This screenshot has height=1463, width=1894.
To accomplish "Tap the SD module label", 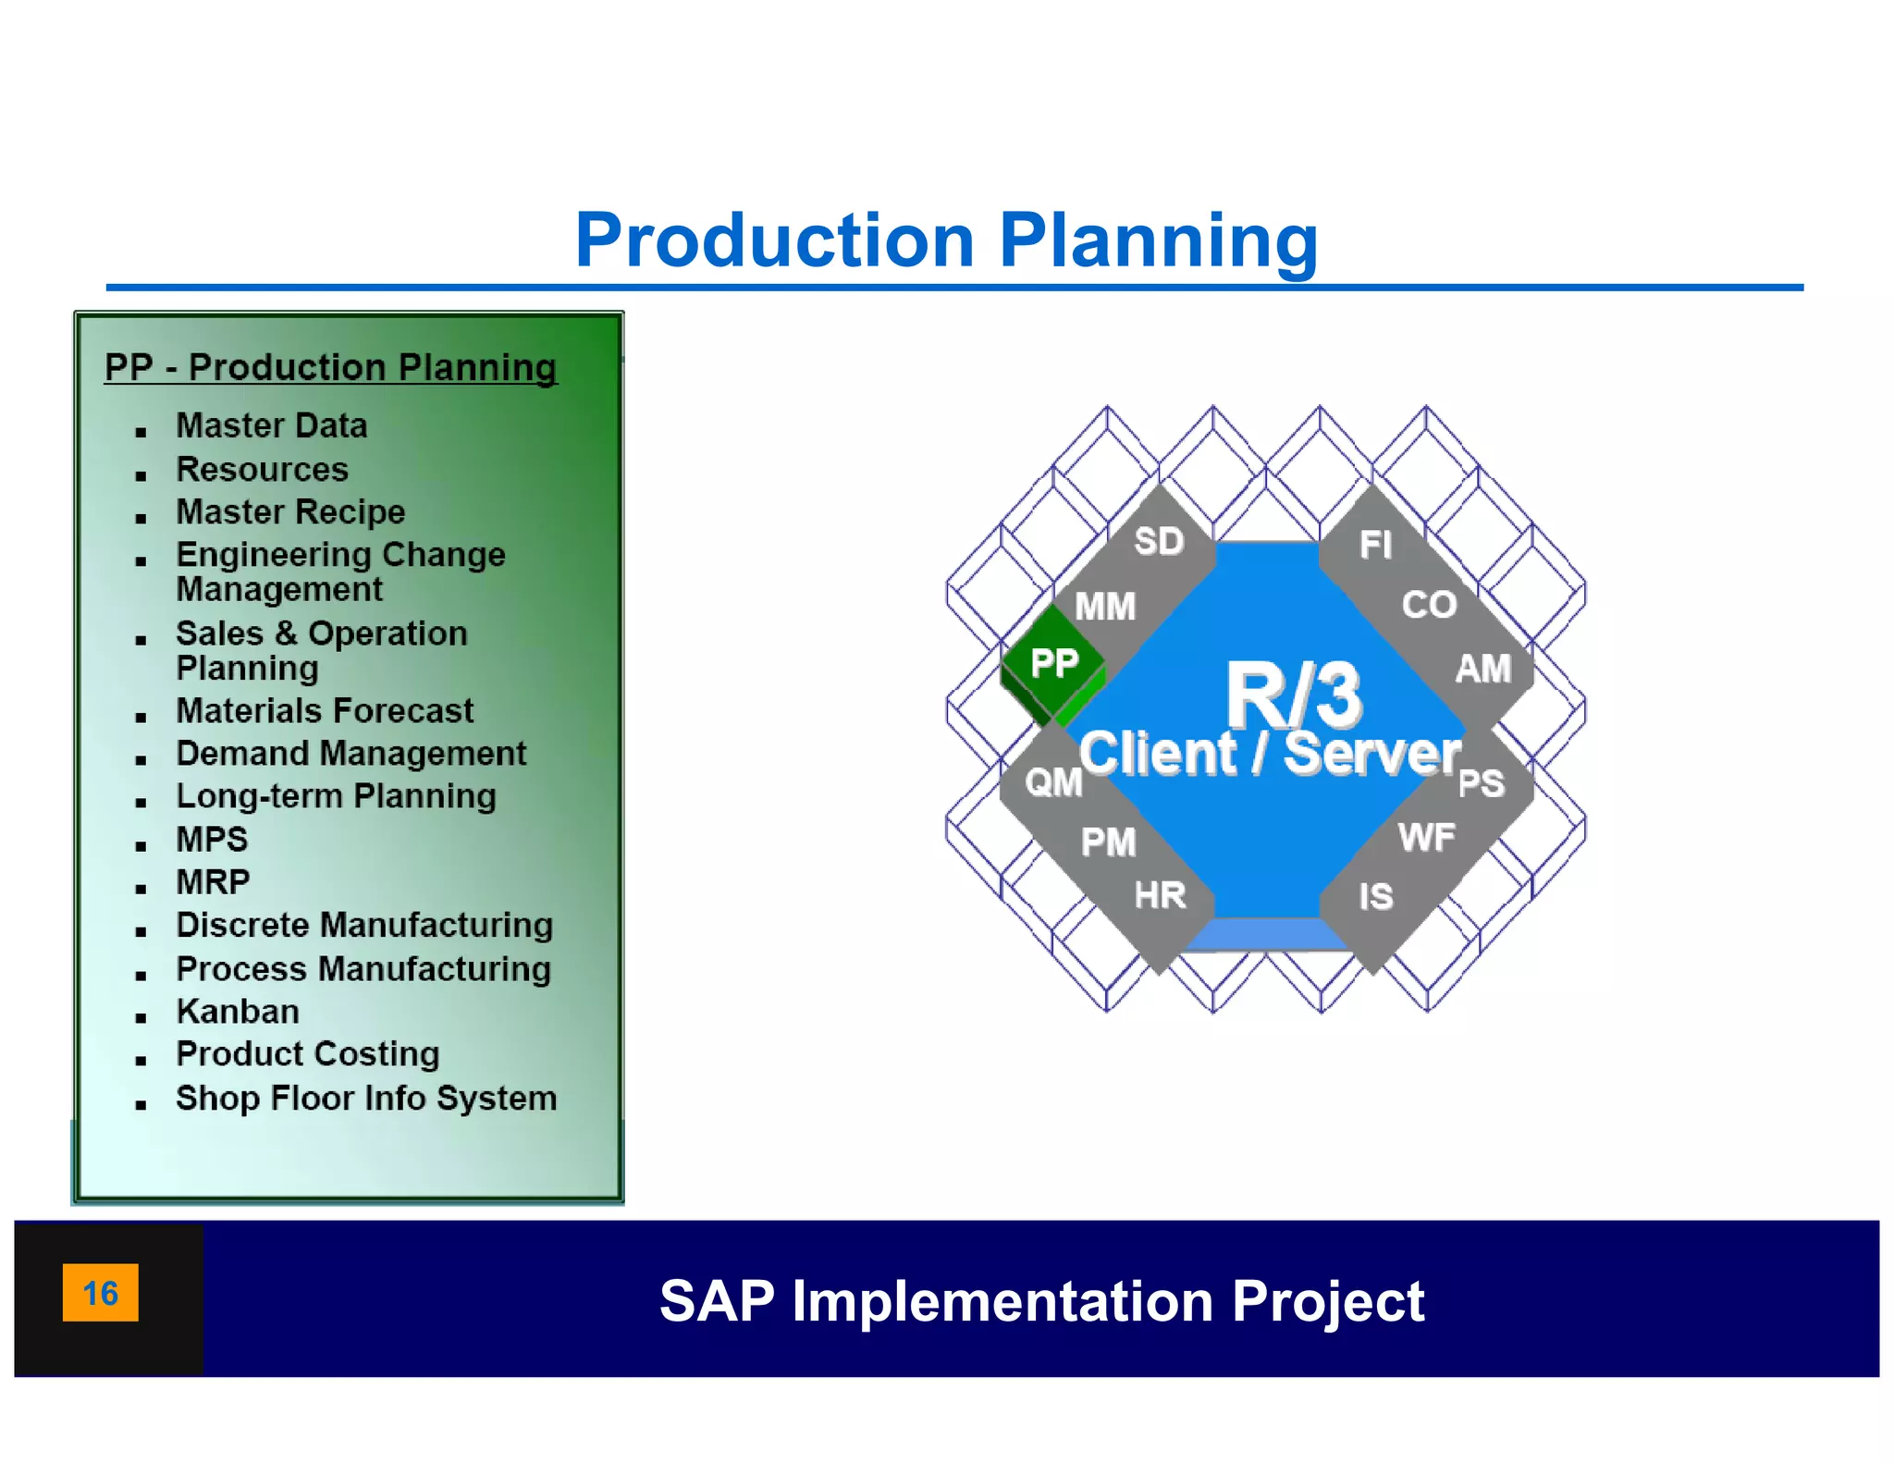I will tap(1159, 542).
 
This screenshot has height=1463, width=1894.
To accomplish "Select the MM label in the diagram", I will tap(1105, 608).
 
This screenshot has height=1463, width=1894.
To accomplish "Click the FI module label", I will tap(1375, 546).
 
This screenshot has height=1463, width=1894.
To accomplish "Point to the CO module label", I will tap(1429, 606).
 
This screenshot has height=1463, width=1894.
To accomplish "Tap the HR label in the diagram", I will tap(1160, 896).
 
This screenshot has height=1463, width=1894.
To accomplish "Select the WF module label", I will tap(1427, 839).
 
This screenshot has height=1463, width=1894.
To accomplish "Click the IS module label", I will tap(1375, 897).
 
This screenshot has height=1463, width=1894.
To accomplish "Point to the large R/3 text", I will tap(1293, 695).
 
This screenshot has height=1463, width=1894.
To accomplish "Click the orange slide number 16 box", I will tap(101, 1292).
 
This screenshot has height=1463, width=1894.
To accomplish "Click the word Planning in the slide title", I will tap(1158, 241).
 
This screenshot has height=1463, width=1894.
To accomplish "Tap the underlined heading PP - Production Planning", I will tap(330, 368).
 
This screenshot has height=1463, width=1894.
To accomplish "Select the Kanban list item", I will tap(238, 1012).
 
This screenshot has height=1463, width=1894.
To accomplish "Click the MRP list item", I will tap(213, 882).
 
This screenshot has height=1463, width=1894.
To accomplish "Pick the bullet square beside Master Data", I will tap(141, 432).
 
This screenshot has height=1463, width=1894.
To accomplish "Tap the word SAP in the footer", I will tap(717, 1301).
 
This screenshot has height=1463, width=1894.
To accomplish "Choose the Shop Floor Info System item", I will tap(366, 1099).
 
